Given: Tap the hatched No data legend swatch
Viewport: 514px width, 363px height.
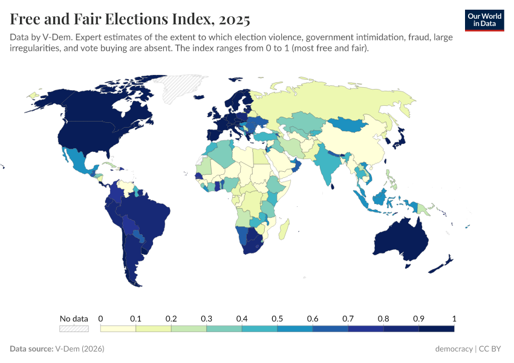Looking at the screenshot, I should [x=74, y=329].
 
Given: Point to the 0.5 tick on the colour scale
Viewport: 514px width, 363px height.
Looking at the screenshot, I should [x=277, y=318].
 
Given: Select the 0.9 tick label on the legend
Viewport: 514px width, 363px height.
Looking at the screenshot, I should [x=418, y=318].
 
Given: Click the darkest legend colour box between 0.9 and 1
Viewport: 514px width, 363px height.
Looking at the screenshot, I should [x=436, y=329].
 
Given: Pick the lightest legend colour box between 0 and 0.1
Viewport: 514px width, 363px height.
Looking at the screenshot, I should [x=118, y=329].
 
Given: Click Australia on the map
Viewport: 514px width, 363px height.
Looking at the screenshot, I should [x=402, y=239].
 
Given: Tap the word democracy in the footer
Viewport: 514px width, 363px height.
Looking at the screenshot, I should [x=454, y=349].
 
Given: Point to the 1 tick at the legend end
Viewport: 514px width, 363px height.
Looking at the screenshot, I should [x=454, y=318].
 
